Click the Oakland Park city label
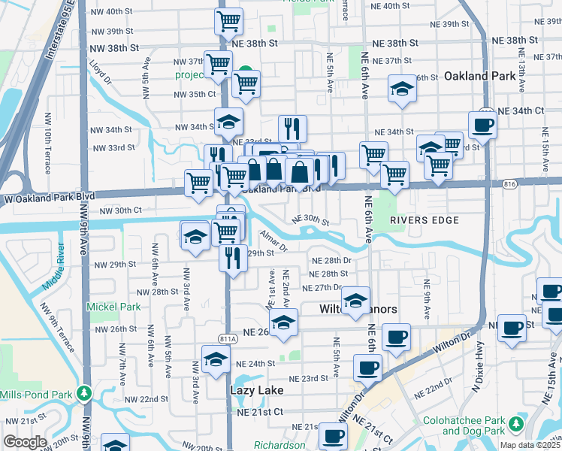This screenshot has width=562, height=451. point(479,76)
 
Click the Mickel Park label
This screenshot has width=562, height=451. point(113,307)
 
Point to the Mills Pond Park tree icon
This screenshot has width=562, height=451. point(85,393)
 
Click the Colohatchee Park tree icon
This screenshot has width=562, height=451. point(515,425)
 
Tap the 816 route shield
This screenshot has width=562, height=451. point(511,183)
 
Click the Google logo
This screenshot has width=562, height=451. point(25,442)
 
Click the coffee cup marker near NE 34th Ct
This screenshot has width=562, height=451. point(483,125)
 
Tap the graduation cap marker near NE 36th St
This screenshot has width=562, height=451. point(402,89)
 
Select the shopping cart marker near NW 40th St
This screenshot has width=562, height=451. point(229,22)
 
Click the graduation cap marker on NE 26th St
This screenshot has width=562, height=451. point(283,323)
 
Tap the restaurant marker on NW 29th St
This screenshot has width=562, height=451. point(234,258)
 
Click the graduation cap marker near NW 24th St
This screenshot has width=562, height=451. point(216,359)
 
